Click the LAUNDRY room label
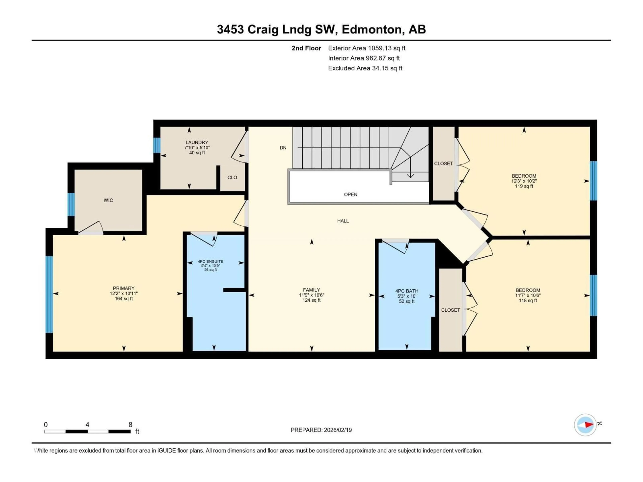click(197, 142)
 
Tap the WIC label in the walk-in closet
click(108, 200)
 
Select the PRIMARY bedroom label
click(124, 288)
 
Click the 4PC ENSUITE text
click(210, 261)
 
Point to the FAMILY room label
click(311, 290)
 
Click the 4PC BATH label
click(407, 291)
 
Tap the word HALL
click(343, 221)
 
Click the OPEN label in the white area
click(351, 194)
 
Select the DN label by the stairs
click(283, 148)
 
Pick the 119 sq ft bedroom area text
click(524, 186)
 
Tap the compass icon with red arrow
click(585, 425)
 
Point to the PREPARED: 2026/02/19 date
click(321, 430)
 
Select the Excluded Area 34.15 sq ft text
click(365, 68)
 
